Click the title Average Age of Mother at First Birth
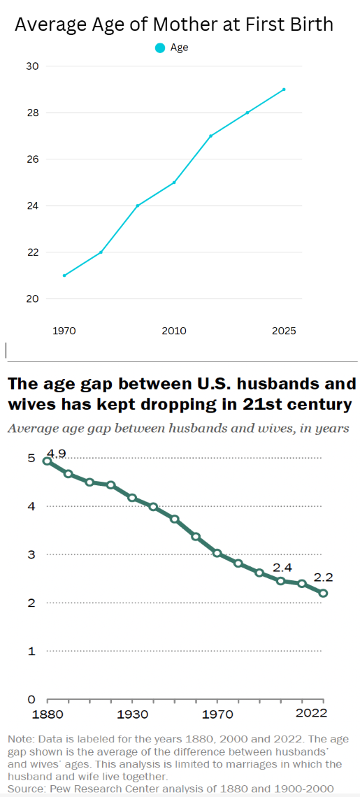click(x=174, y=24)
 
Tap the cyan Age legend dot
click(x=159, y=48)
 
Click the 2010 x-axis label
click(x=174, y=331)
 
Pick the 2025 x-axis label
click(x=284, y=331)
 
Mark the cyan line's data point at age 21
click(x=64, y=275)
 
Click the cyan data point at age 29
click(x=284, y=89)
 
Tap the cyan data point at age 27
click(x=210, y=136)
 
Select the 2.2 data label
click(x=323, y=578)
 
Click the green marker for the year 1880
click(x=47, y=461)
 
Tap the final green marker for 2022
click(x=324, y=593)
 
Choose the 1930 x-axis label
click(x=132, y=714)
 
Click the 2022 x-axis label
click(x=310, y=714)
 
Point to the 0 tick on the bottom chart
click(x=31, y=699)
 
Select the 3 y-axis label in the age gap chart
click(x=31, y=554)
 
